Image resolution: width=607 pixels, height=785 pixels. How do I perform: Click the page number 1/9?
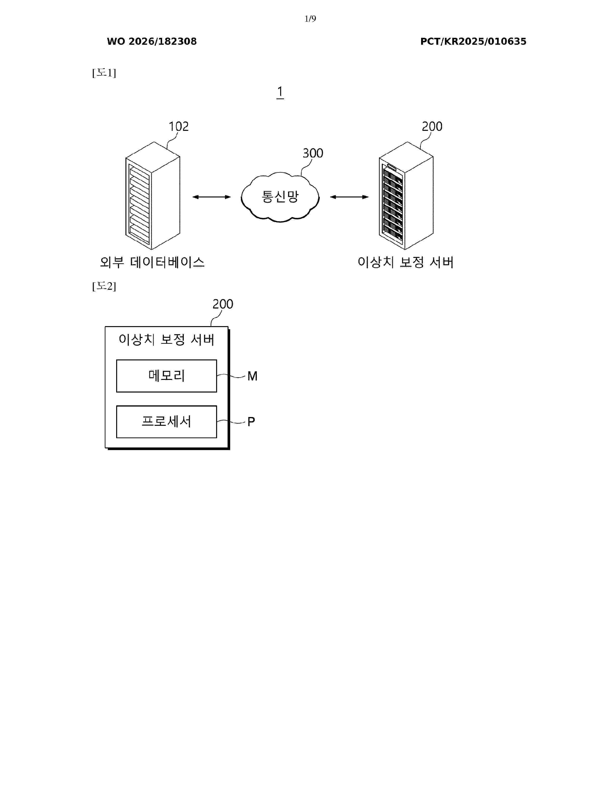click(310, 19)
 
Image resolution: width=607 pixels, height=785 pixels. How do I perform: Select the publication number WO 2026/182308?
click(152, 41)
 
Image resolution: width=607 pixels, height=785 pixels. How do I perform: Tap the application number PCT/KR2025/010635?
click(473, 41)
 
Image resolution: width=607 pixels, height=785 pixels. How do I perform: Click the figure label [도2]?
click(104, 286)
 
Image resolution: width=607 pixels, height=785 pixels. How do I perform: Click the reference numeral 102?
click(179, 127)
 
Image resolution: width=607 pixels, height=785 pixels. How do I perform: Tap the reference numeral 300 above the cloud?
click(313, 153)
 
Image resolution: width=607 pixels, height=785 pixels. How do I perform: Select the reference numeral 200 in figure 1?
click(432, 127)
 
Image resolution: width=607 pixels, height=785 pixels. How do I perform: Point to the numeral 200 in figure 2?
click(223, 304)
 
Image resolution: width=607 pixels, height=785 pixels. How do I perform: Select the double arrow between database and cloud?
click(211, 197)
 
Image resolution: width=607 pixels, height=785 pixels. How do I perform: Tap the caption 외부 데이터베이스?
click(152, 262)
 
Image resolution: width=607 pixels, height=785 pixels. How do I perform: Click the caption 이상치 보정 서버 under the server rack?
click(405, 262)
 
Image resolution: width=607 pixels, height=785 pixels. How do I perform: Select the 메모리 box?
click(166, 376)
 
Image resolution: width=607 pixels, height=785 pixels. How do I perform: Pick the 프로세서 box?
click(166, 422)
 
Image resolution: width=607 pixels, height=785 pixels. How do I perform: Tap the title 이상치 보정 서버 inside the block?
click(166, 339)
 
